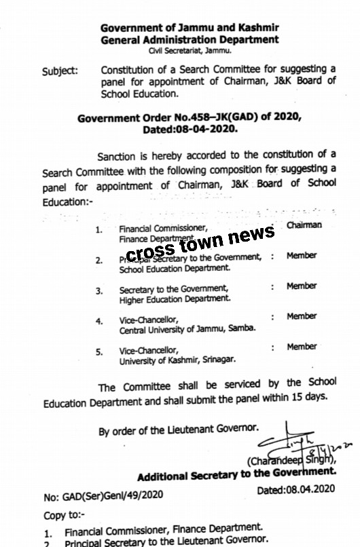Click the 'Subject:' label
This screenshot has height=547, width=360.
[x=60, y=71]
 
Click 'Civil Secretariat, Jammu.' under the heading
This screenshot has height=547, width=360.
[x=190, y=51]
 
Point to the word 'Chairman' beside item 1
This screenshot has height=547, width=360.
[x=304, y=225]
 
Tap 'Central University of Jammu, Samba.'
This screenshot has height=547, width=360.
[x=187, y=329]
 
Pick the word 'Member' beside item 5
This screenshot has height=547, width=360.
[x=302, y=347]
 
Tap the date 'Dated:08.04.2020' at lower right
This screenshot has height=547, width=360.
[x=296, y=489]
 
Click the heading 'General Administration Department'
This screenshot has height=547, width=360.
[x=190, y=39]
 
